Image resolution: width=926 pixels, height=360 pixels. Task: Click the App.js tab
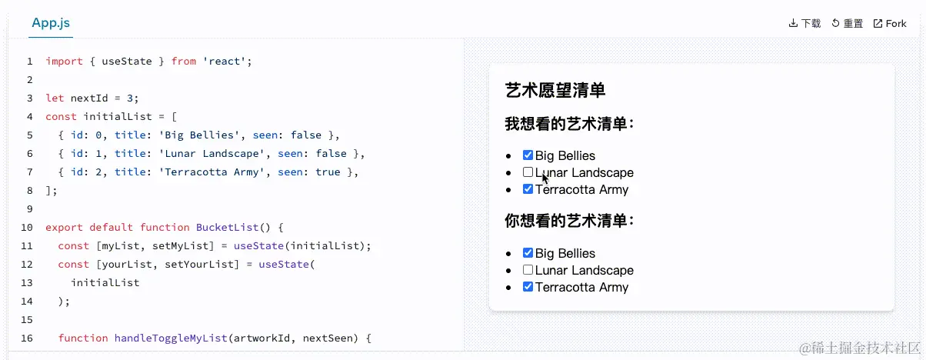[x=52, y=23]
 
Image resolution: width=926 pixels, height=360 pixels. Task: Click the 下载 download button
[x=804, y=24]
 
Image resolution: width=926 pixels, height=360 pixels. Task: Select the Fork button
[x=890, y=24]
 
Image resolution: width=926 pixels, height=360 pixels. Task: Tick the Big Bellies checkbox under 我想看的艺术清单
[x=528, y=155]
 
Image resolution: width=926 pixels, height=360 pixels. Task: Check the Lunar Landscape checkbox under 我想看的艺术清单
[x=528, y=172]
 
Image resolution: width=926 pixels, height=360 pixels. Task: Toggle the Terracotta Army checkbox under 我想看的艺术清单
[x=528, y=189]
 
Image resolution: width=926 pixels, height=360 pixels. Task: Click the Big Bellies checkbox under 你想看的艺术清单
[x=528, y=253]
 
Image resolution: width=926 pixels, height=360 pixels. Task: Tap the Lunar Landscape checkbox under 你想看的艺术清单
[x=528, y=270]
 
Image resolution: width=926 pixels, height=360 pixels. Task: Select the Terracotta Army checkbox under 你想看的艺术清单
[x=528, y=287]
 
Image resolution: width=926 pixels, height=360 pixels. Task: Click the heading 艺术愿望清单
[x=555, y=91]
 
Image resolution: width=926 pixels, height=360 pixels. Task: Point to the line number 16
[x=27, y=338]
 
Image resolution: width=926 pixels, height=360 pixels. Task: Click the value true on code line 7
[x=328, y=172]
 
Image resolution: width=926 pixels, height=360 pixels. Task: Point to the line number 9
[x=29, y=208]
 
